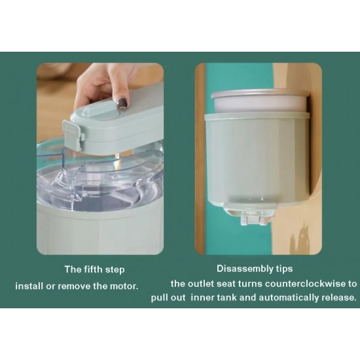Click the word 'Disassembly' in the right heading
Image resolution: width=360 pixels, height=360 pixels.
pyautogui.click(x=244, y=268)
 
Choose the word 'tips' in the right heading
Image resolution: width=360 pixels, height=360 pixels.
pyautogui.click(x=283, y=268)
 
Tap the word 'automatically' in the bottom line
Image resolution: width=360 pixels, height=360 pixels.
pyautogui.click(x=289, y=298)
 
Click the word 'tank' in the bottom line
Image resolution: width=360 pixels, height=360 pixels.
pyautogui.click(x=226, y=298)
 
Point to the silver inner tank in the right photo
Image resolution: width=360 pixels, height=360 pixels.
pyautogui.click(x=260, y=101)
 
